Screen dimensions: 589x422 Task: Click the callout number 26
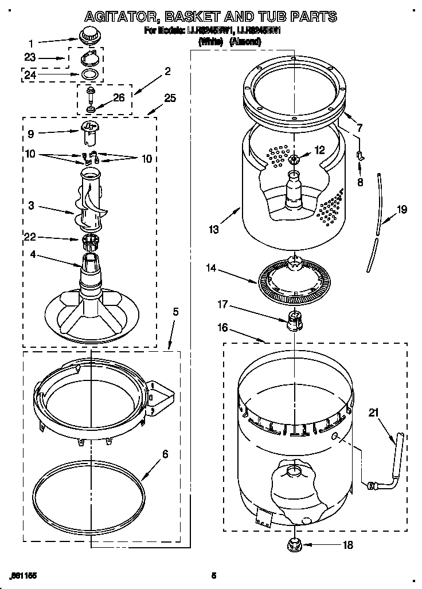119,97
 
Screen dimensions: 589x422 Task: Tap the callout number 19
402,209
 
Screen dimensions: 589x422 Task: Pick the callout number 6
165,454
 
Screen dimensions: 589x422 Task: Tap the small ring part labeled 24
88,75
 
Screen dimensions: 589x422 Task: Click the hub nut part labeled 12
294,159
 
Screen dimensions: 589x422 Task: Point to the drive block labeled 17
294,321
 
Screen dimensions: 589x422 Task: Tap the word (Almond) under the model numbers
246,42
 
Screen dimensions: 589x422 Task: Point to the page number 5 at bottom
213,575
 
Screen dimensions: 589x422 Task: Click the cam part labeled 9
88,132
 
